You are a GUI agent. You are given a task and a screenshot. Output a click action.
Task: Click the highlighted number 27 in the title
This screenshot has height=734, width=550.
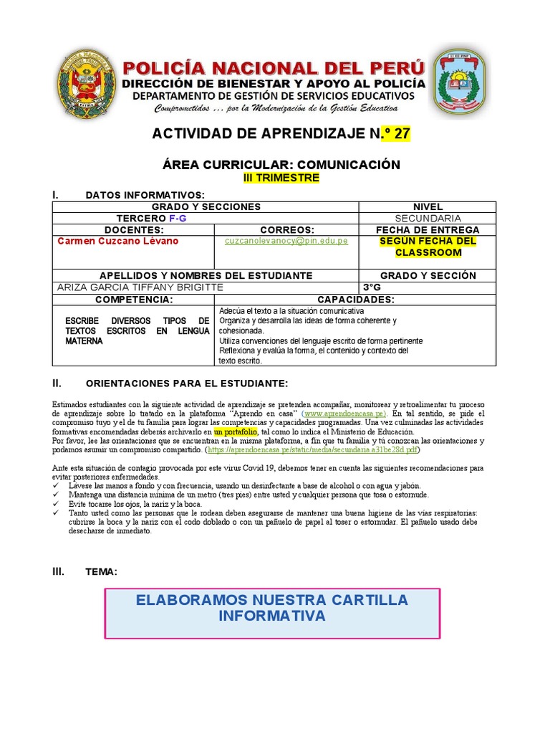coord(400,134)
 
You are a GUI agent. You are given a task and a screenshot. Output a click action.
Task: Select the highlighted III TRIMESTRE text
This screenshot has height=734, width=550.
coord(281,178)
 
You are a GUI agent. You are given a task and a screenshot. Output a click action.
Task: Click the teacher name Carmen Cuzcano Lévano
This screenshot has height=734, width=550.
coord(117,242)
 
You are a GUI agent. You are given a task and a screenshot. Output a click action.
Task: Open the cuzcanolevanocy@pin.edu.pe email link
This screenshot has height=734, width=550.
coord(286,242)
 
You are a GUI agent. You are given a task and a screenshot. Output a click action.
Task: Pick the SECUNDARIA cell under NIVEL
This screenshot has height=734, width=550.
coord(428,218)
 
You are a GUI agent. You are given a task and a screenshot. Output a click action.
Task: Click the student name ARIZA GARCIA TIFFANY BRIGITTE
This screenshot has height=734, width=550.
coord(140,287)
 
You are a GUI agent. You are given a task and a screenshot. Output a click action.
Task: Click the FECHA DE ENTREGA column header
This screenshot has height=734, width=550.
coord(428,229)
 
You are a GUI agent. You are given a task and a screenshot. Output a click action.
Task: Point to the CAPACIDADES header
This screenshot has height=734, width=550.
coord(356,299)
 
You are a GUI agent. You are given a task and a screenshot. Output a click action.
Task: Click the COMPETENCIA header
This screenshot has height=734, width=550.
coord(134,299)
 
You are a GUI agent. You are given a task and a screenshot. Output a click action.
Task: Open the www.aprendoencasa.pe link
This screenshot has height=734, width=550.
coord(344,414)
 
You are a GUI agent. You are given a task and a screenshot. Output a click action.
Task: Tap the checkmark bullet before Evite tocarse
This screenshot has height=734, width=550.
coord(57,505)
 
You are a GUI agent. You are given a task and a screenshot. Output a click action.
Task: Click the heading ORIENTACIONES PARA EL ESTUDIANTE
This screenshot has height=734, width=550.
coord(186,384)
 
